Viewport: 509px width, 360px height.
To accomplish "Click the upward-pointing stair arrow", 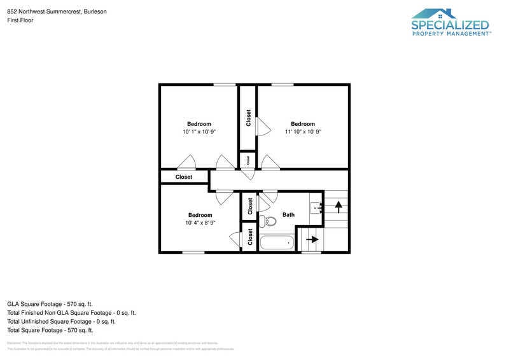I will tap(338, 206).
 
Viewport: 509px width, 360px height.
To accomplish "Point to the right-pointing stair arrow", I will tap(312, 240).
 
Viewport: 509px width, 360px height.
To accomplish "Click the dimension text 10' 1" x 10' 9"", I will tap(199, 132).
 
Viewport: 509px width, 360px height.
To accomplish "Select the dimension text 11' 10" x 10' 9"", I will tap(303, 132).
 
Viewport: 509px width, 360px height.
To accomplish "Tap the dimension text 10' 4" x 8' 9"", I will tap(200, 223).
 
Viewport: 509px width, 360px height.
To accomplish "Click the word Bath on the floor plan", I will tap(289, 215).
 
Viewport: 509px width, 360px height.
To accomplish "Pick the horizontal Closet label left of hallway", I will tap(184, 177).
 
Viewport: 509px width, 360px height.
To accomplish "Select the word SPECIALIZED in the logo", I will tap(450, 25).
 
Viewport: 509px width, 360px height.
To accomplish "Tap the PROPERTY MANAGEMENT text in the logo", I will tap(450, 34).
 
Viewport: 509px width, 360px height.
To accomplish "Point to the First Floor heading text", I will tap(20, 20).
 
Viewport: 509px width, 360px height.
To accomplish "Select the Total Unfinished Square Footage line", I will tap(61, 321).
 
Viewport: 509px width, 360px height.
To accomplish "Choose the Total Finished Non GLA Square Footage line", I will tap(71, 313).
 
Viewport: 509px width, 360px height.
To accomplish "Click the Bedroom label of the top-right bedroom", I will tap(303, 124).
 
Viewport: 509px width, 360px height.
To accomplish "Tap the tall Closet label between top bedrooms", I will tap(248, 118).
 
